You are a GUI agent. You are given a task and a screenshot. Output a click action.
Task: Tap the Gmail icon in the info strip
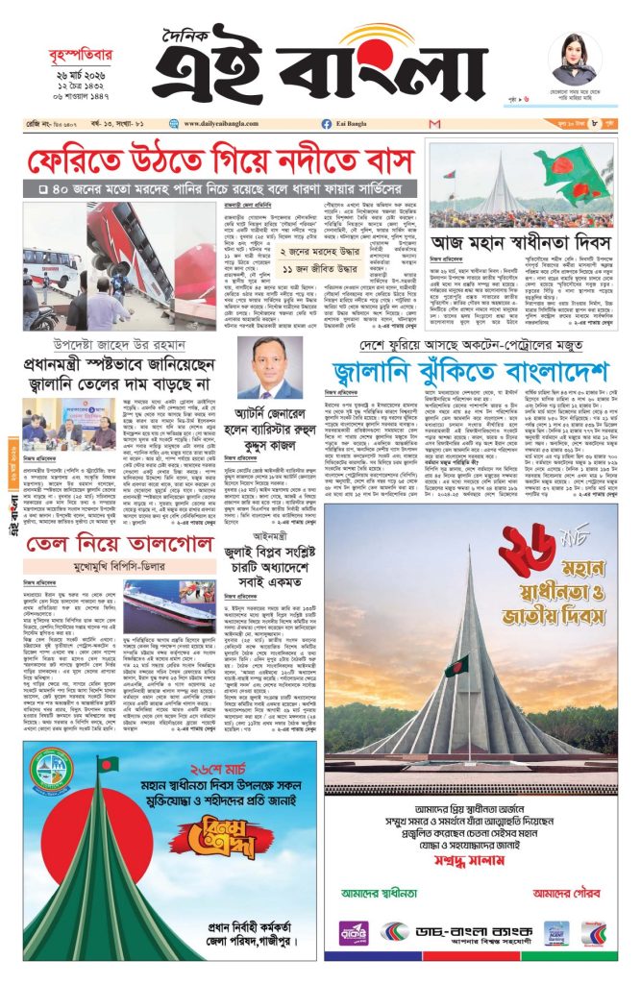pyautogui.click(x=435, y=125)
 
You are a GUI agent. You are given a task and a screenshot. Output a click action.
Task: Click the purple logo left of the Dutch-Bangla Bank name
pyautogui.click(x=353, y=932)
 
